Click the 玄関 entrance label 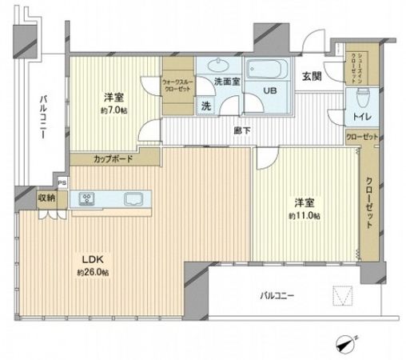(312, 77)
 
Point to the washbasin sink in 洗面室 (218, 66)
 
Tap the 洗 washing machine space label (205, 106)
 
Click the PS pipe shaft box (61, 182)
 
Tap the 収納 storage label (46, 198)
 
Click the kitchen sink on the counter (131, 199)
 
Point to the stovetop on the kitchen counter (86, 200)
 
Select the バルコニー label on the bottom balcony (277, 296)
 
